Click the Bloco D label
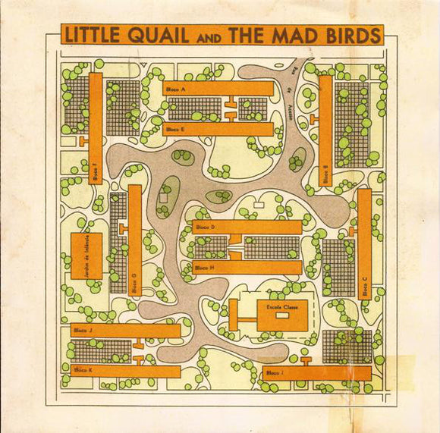click(x=206, y=227)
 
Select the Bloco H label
click(x=205, y=268)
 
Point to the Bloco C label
click(x=364, y=289)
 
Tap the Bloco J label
click(x=83, y=331)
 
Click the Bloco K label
click(x=83, y=371)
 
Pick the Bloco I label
click(x=274, y=373)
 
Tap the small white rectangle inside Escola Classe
click(x=282, y=315)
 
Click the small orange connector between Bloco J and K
click(x=139, y=351)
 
